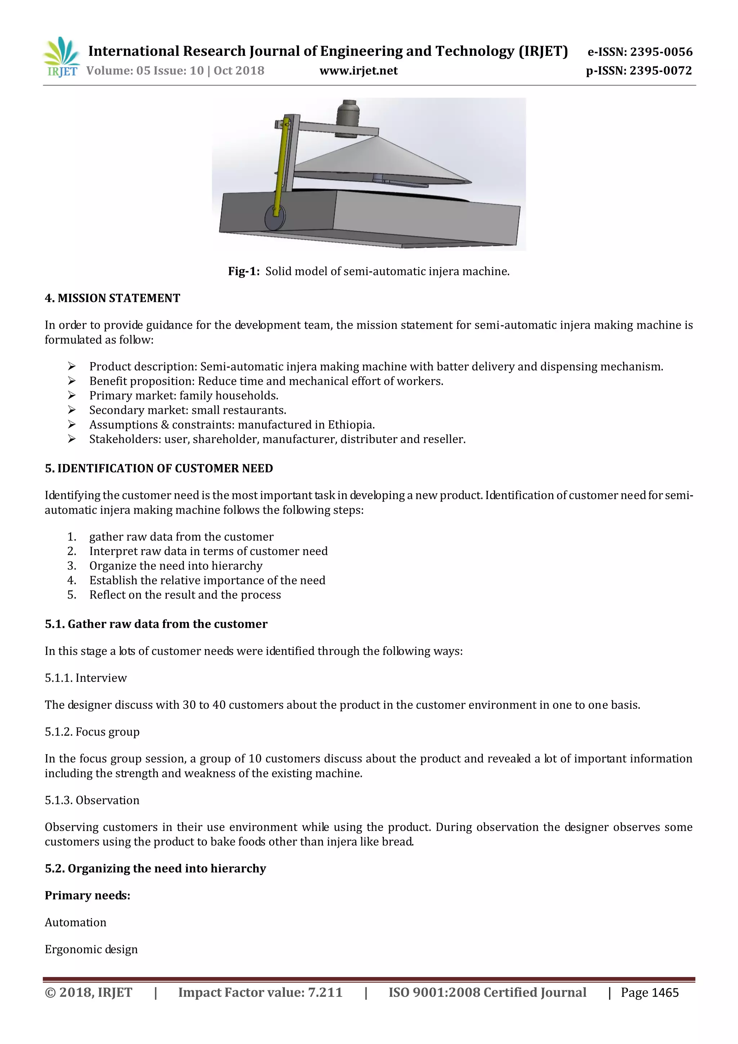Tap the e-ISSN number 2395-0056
(x=661, y=52)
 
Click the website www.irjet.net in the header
(x=358, y=71)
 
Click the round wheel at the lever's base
(x=275, y=218)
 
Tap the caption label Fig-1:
(x=244, y=271)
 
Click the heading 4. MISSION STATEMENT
(x=112, y=298)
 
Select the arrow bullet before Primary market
(x=71, y=396)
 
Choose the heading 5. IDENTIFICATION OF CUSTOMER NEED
(x=159, y=468)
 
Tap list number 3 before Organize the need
(x=71, y=566)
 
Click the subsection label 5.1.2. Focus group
(x=92, y=732)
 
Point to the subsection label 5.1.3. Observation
(x=92, y=800)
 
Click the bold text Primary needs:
(x=87, y=895)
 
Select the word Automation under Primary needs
(x=75, y=922)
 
